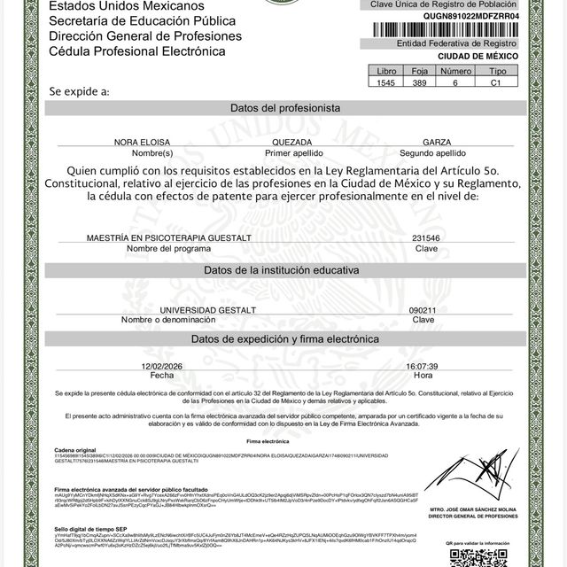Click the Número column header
(x=456, y=69)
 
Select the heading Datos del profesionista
(x=285, y=107)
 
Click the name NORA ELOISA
(x=145, y=142)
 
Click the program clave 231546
(x=425, y=238)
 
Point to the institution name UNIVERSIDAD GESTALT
(x=174, y=310)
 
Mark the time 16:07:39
(x=422, y=365)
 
